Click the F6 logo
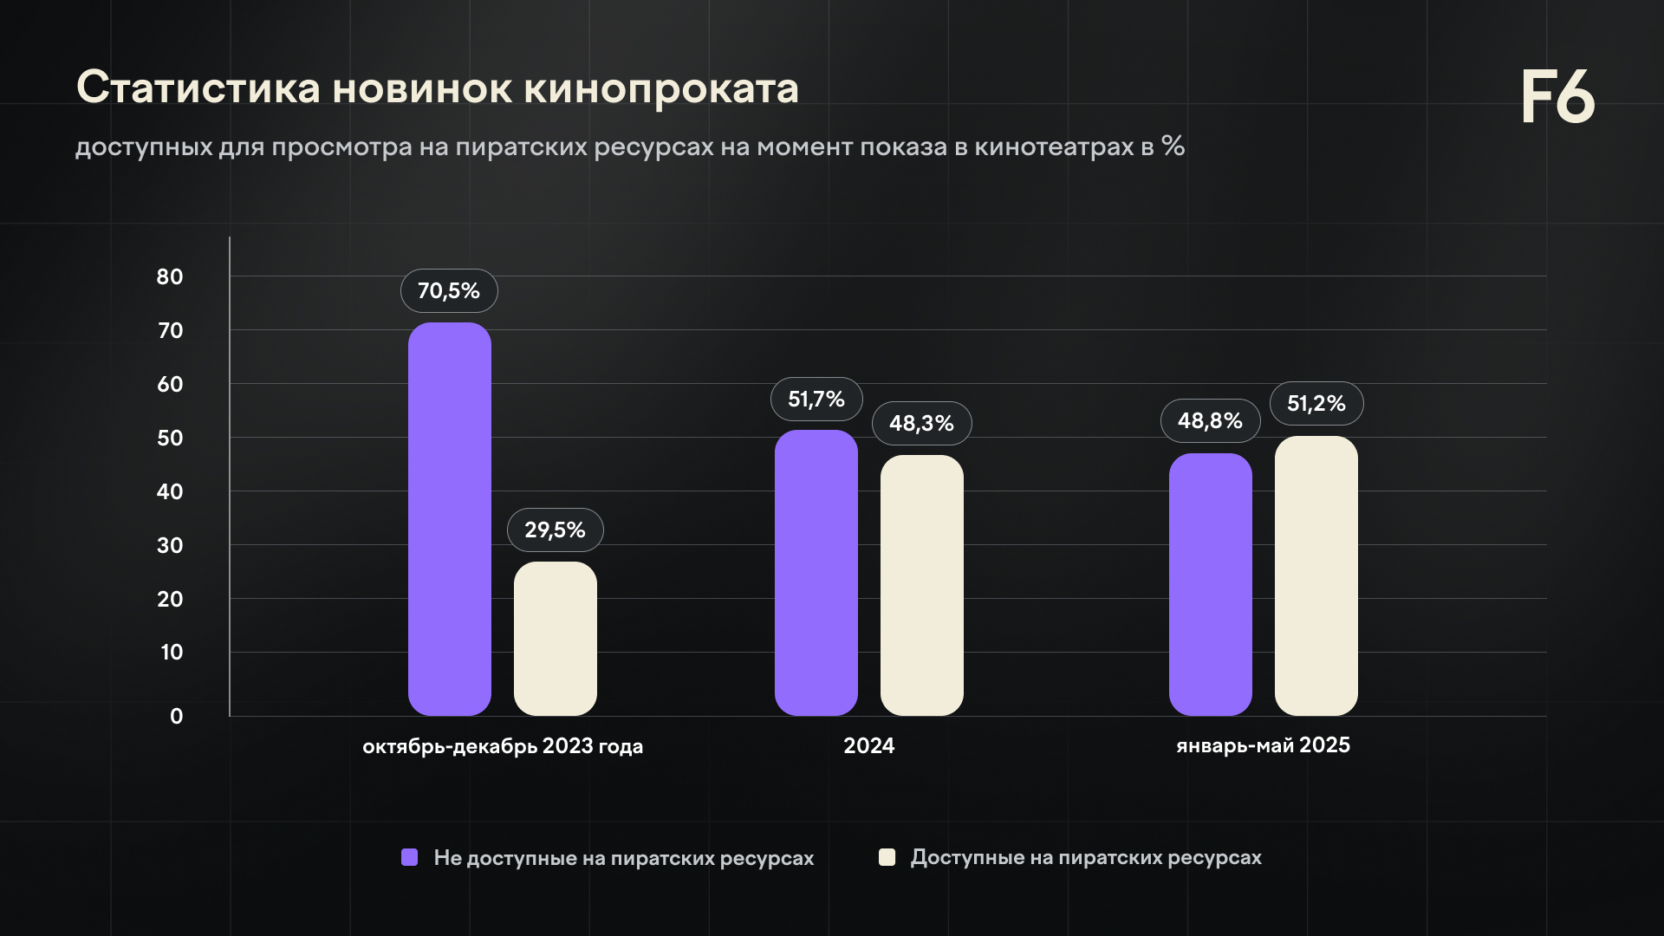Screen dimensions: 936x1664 pyautogui.click(x=1557, y=97)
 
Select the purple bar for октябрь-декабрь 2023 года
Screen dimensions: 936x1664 pyautogui.click(x=449, y=520)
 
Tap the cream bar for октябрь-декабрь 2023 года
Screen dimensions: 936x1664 pyautogui.click(x=555, y=639)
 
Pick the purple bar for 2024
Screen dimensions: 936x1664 pyautogui.click(x=816, y=573)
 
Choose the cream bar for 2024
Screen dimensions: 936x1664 pyautogui.click(x=921, y=585)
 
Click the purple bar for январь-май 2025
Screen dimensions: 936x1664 pyautogui.click(x=1210, y=584)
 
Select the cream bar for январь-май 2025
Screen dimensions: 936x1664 pyautogui.click(x=1316, y=575)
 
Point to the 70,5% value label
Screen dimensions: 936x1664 pyautogui.click(x=449, y=291)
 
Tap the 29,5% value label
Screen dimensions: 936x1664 pyautogui.click(x=555, y=530)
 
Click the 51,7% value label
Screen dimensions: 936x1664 pyautogui.click(x=816, y=400)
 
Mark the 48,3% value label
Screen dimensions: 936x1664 pyautogui.click(x=921, y=424)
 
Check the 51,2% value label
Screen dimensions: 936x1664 pyautogui.click(x=1316, y=404)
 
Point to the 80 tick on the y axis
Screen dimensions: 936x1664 pyautogui.click(x=170, y=277)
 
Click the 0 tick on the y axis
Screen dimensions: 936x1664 pyautogui.click(x=177, y=717)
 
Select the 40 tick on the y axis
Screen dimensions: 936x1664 pyautogui.click(x=170, y=492)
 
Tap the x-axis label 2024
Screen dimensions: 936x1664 pyautogui.click(x=868, y=746)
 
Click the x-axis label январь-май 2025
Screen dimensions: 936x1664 pyautogui.click(x=1263, y=745)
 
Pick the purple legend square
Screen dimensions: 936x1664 pyautogui.click(x=410, y=857)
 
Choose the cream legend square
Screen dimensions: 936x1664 pyautogui.click(x=887, y=857)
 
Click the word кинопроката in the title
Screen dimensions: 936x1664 pyautogui.click(x=660, y=88)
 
